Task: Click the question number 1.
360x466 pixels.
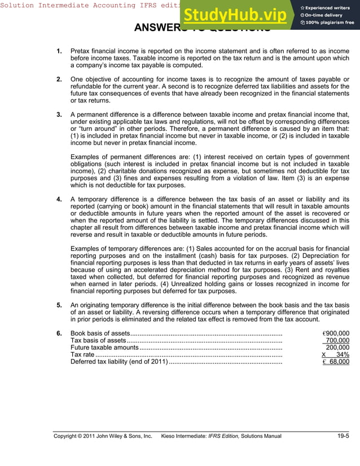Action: point(59,52)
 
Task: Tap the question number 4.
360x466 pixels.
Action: point(59,199)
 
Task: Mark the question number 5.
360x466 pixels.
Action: point(59,305)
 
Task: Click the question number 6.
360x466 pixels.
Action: point(59,333)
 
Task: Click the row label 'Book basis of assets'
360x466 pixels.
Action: point(100,333)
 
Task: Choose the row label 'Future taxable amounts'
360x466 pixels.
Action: point(104,348)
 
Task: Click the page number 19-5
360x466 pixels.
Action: point(343,436)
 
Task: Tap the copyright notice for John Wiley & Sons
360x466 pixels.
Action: point(103,436)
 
